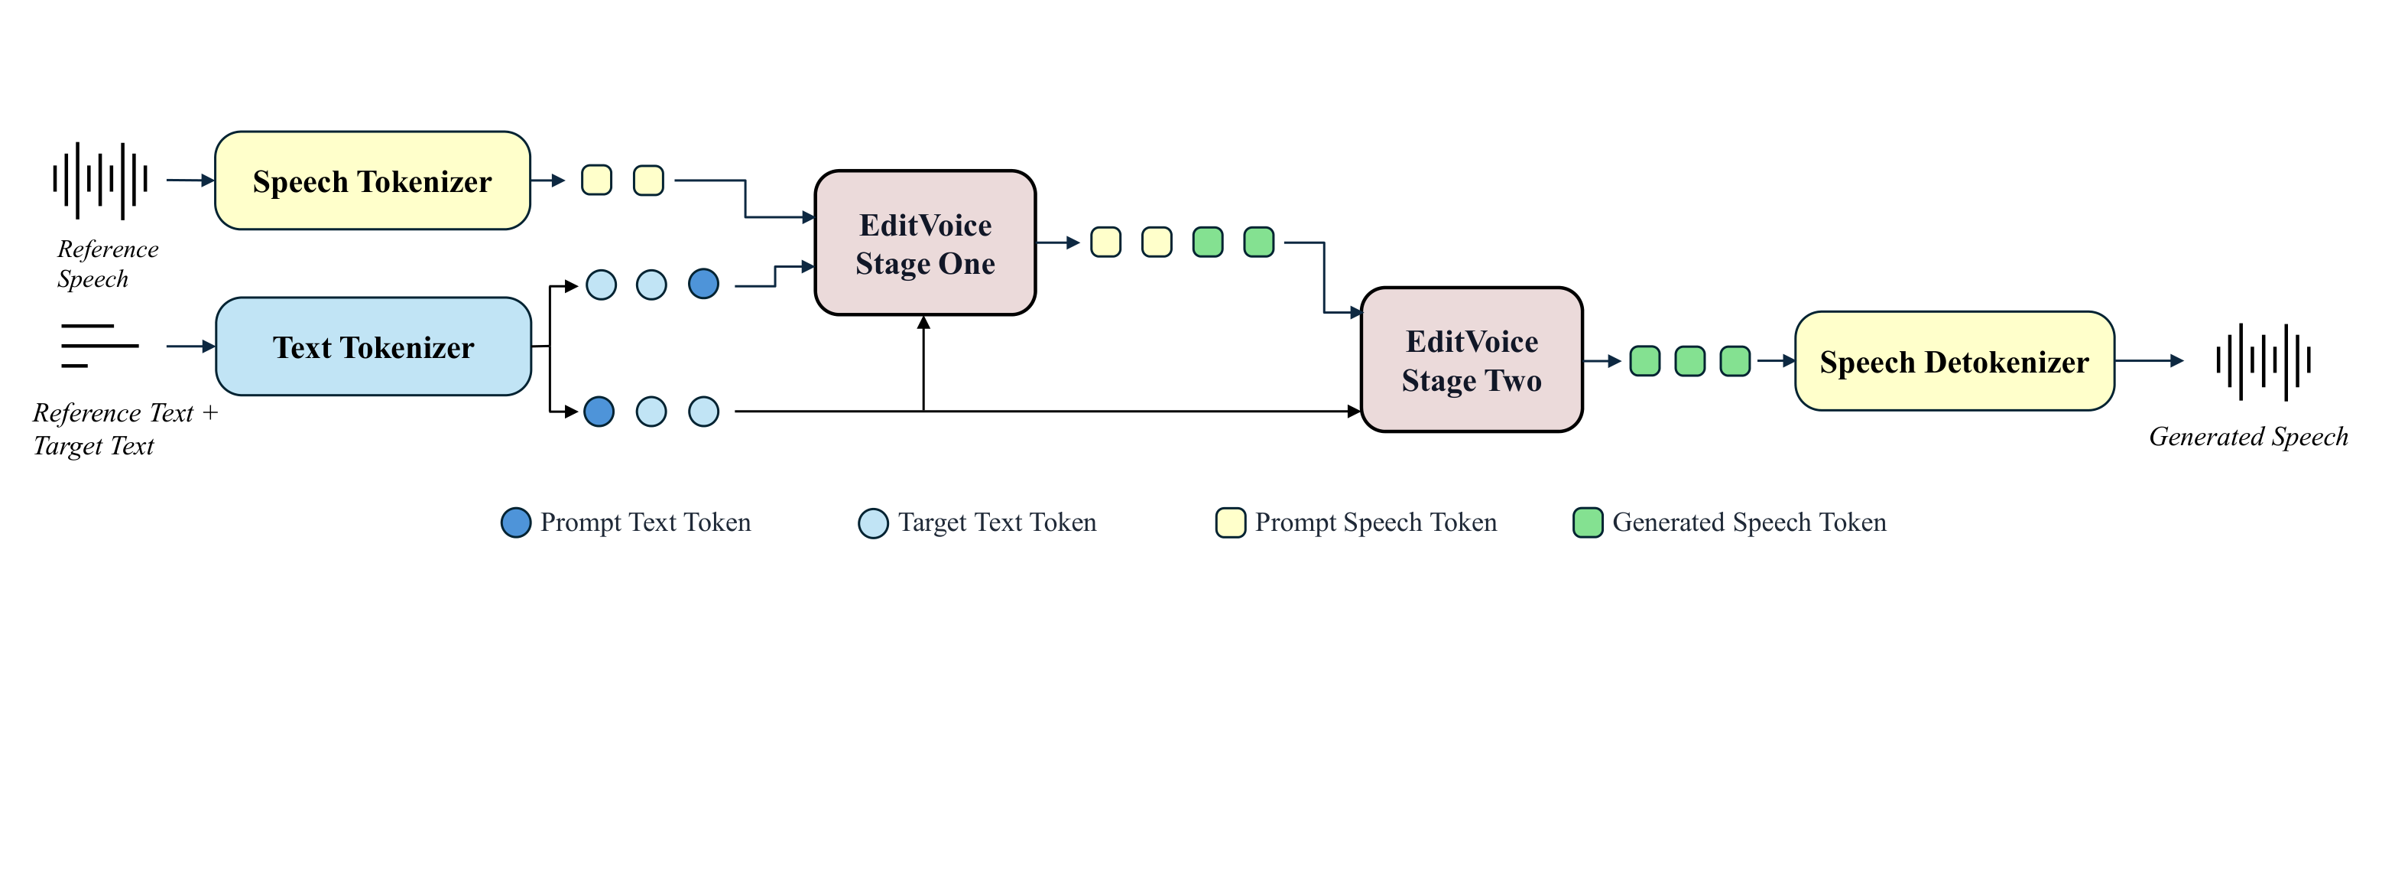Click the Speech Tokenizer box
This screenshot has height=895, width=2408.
click(x=372, y=181)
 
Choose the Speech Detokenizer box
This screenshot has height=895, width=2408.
click(x=1955, y=361)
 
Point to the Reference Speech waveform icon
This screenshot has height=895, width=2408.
click(x=100, y=181)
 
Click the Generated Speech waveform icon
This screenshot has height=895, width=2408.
click(x=2263, y=361)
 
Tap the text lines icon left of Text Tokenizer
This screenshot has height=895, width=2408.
click(x=99, y=346)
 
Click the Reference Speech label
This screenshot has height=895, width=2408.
click(x=108, y=264)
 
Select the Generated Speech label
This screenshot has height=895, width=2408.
click(x=2248, y=437)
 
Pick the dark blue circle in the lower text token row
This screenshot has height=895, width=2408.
click(x=599, y=412)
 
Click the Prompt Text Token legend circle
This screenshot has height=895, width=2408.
click(x=516, y=522)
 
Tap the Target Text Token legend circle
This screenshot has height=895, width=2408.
click(x=873, y=522)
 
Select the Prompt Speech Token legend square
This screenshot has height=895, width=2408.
click(x=1230, y=522)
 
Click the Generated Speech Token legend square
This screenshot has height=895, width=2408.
click(x=1587, y=522)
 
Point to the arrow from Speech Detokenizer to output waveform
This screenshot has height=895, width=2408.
click(x=2149, y=361)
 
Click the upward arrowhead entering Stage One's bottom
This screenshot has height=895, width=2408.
click(x=923, y=323)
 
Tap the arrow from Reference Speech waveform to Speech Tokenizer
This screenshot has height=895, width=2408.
click(x=190, y=181)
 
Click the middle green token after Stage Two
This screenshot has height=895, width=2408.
click(x=1690, y=361)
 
